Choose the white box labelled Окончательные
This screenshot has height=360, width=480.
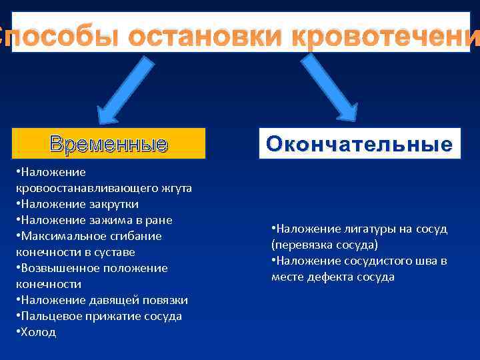click(x=359, y=143)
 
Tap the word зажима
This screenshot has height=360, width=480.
click(x=106, y=220)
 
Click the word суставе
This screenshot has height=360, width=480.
click(x=115, y=252)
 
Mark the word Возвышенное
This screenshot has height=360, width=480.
click(x=59, y=268)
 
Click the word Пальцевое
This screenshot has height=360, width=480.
click(x=48, y=316)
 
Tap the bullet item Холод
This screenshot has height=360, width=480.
click(x=37, y=332)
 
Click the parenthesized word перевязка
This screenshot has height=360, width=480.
click(x=301, y=245)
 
